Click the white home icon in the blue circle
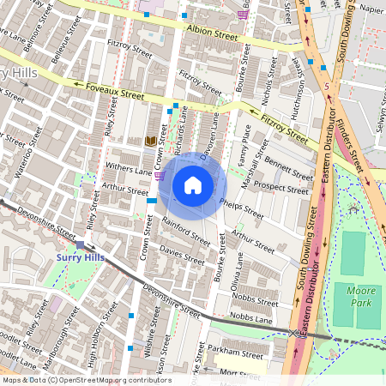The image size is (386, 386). pos(193,185)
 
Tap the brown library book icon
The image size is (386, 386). pos(152,141)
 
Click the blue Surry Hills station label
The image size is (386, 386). pos(81,256)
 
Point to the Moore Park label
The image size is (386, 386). pos(356,293)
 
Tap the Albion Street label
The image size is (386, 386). pos(214,35)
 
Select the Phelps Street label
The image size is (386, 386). pos(241,208)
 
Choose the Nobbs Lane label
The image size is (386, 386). pos(251,317)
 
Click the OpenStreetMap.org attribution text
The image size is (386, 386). pos(85,379)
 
